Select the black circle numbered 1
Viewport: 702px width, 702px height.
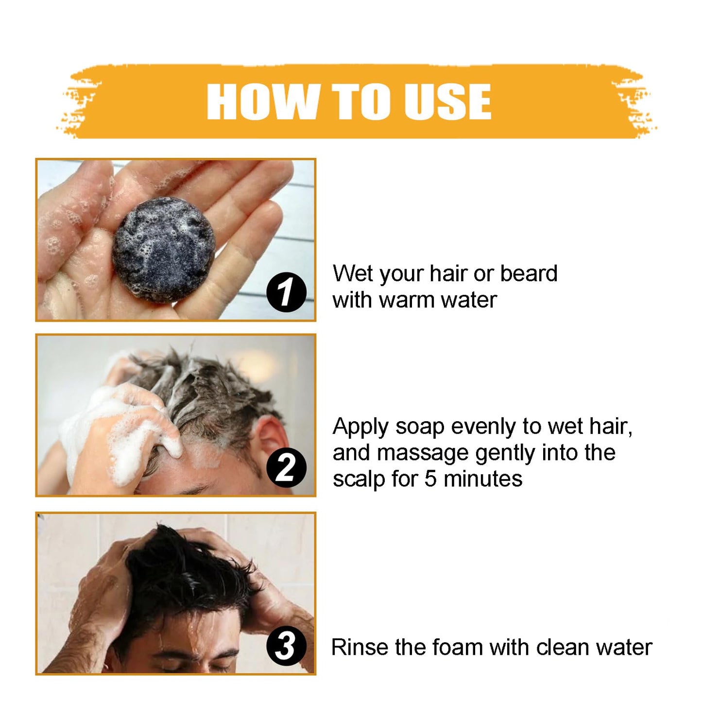tap(286, 292)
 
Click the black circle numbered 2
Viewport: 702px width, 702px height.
tap(286, 467)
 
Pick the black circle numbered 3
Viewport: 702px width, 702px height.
tap(286, 646)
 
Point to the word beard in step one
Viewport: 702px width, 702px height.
tap(529, 274)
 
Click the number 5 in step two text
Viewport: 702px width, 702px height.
tap(430, 479)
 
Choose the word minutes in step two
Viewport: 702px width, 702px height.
tap(483, 479)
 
